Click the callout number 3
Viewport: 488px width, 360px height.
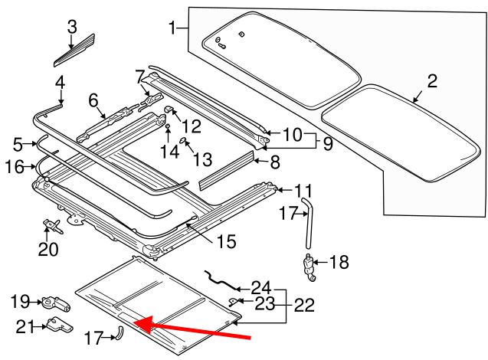tap(72, 27)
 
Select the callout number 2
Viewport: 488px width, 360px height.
tap(431, 81)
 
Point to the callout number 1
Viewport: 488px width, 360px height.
tap(173, 29)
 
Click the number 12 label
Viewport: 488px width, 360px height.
tap(191, 126)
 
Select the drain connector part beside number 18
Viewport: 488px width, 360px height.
tap(310, 267)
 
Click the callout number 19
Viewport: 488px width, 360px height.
tap(21, 302)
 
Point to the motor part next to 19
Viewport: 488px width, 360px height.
tap(56, 303)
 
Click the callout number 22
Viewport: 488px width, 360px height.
tap(303, 305)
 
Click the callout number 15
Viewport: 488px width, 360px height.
tap(225, 243)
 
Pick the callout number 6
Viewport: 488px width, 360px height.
tap(93, 100)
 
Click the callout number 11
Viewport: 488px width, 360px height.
tap(303, 190)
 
